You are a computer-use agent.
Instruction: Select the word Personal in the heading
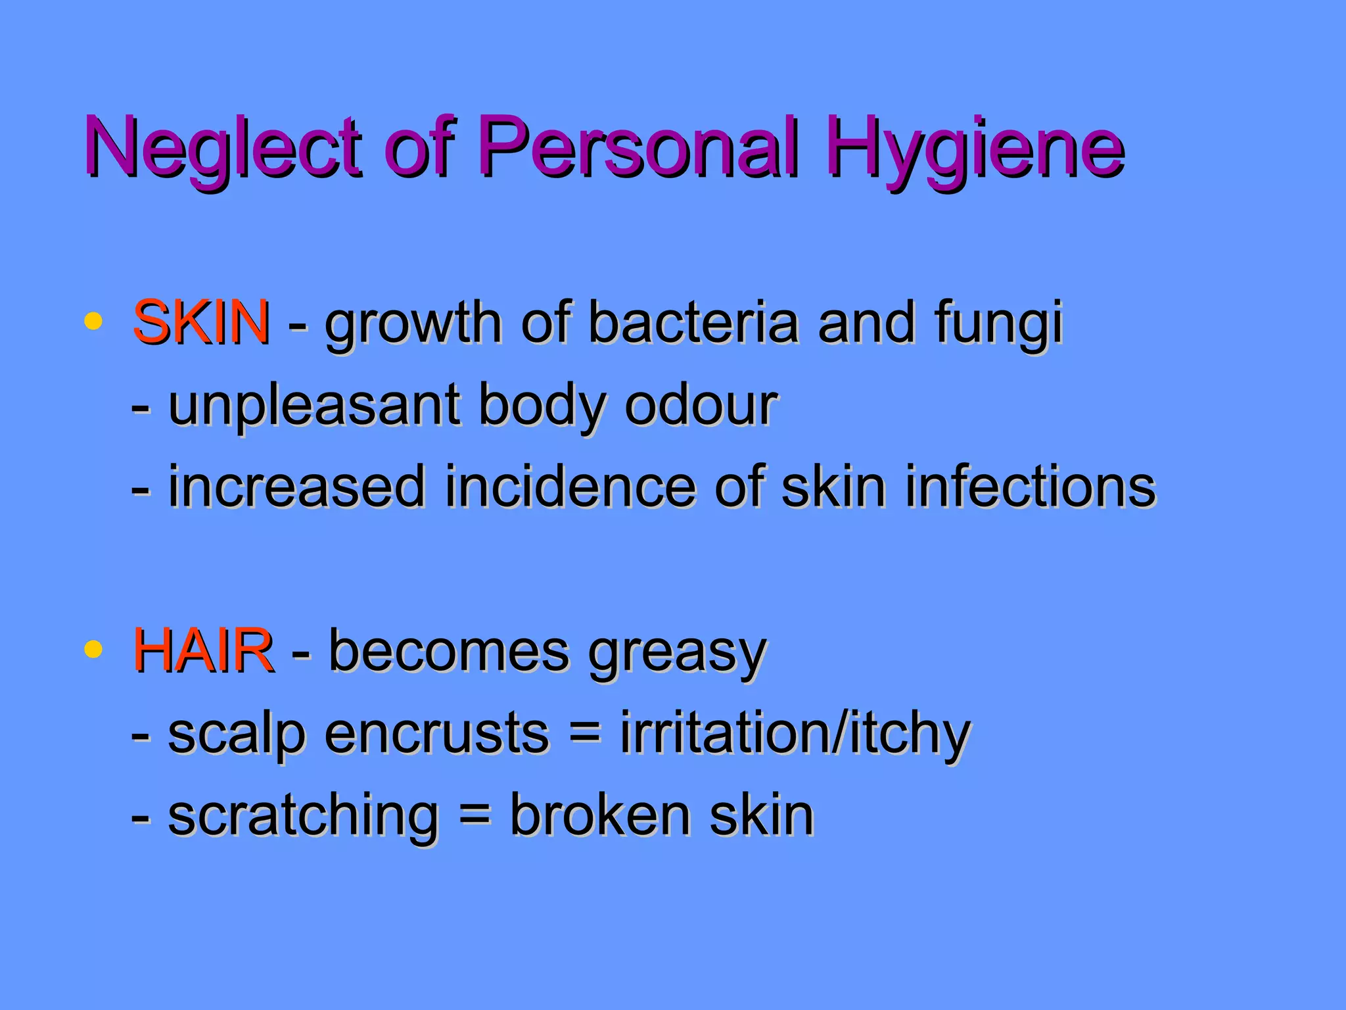[641, 147]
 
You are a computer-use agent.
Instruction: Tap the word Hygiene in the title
[975, 150]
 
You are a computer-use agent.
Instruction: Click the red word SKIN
[201, 322]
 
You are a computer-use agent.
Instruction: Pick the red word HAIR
[203, 650]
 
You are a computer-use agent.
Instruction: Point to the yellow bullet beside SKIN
[93, 322]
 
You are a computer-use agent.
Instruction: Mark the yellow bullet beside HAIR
[93, 650]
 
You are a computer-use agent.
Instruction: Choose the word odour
[701, 405]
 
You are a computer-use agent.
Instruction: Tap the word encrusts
[436, 733]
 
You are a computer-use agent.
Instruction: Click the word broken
[600, 815]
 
